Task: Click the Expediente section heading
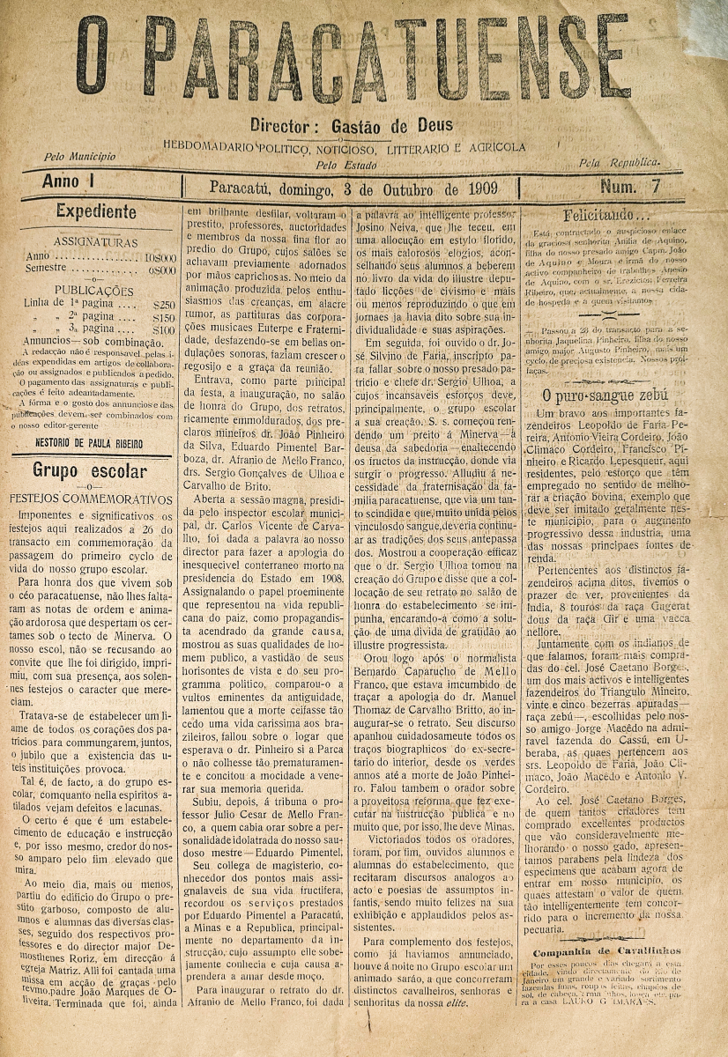[x=96, y=211]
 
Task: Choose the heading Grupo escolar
[x=90, y=470]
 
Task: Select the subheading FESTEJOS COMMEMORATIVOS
[x=92, y=498]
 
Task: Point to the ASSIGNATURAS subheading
[x=95, y=241]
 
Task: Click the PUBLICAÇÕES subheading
[x=94, y=290]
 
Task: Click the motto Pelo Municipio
[x=79, y=156]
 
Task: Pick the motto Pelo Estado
[x=339, y=164]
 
